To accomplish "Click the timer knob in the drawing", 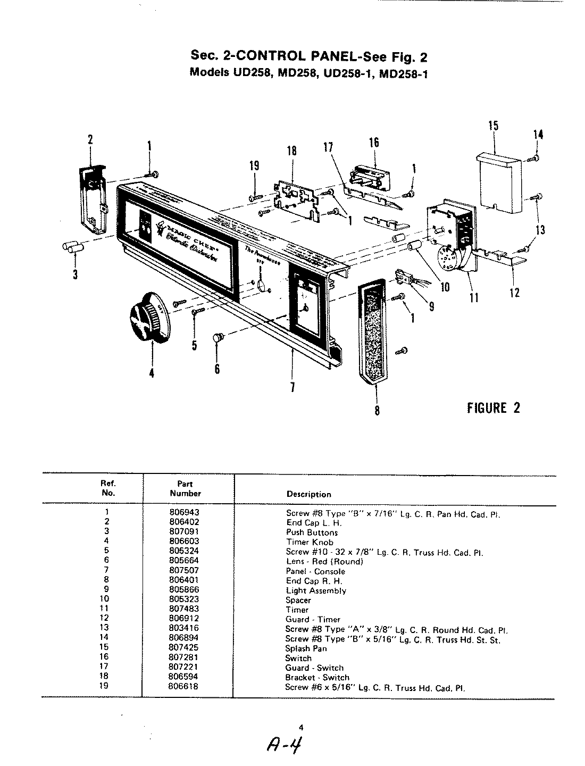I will pos(146,320).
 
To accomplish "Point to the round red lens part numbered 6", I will pos(218,337).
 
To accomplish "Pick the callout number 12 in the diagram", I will pos(514,292).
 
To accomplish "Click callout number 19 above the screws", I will pos(255,166).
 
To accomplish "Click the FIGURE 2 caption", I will pos(493,408).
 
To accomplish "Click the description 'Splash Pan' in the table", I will pos(306,648).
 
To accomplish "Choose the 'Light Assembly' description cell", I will pos(316,590).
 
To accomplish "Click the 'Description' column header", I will pos(308,494).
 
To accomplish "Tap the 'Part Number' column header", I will pos(186,488).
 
